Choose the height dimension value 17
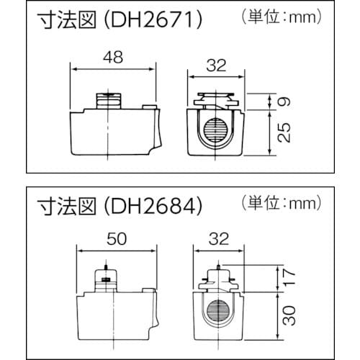tap(288, 276)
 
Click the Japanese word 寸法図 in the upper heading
tap(62, 22)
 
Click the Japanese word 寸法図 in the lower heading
tap(62, 206)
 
